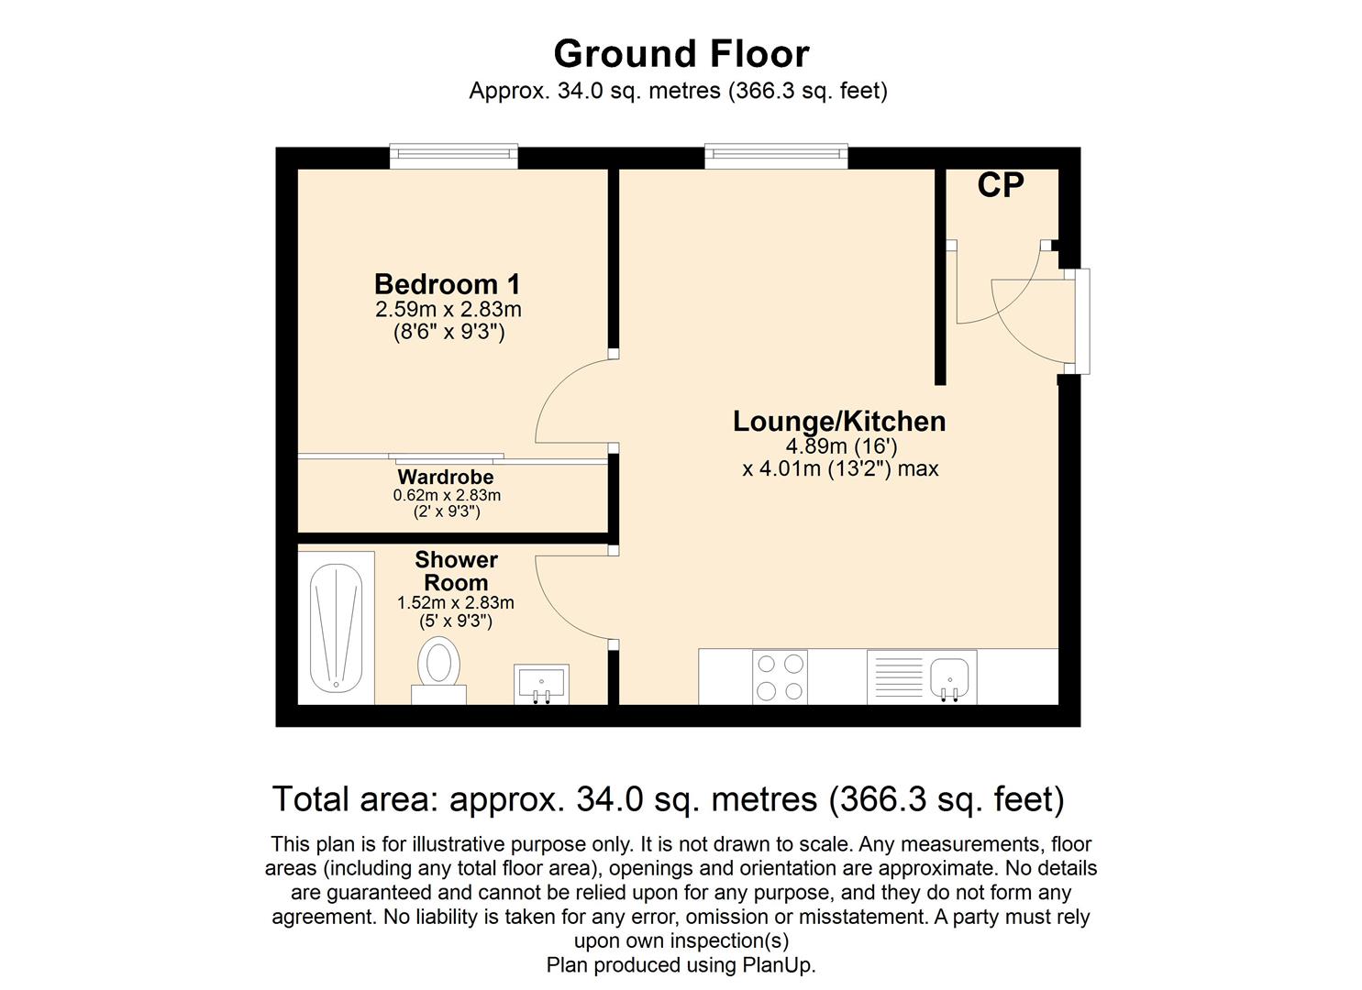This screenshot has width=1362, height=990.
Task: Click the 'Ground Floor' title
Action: [x=681, y=54]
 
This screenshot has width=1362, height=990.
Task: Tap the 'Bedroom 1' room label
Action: [x=448, y=284]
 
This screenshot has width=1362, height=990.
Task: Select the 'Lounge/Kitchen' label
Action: [x=839, y=422]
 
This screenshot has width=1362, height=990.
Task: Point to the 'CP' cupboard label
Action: [x=1001, y=185]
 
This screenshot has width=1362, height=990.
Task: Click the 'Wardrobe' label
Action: [x=446, y=477]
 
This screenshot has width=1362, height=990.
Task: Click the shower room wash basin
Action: [x=541, y=684]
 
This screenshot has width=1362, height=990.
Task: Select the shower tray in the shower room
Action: [x=337, y=629]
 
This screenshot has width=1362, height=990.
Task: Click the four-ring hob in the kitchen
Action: [x=781, y=677]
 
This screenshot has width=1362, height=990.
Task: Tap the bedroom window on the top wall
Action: [x=454, y=156]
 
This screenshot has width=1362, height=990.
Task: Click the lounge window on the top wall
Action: [x=776, y=156]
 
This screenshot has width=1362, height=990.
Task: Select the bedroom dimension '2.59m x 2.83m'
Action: [x=448, y=309]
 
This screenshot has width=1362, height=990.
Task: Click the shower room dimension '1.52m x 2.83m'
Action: [x=456, y=603]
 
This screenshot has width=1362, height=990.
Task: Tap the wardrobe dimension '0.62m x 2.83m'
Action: [x=447, y=495]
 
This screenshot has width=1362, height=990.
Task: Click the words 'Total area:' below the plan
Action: [x=355, y=798]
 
